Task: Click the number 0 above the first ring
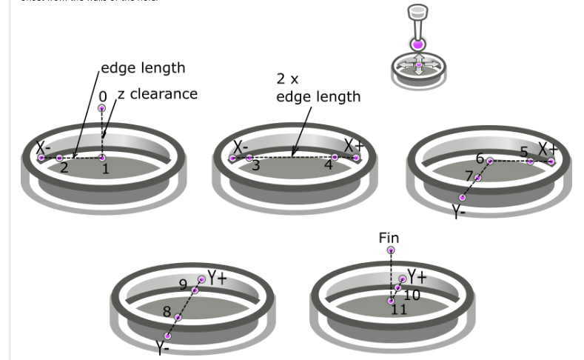point(103,96)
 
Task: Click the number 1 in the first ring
point(105,170)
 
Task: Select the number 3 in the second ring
point(255,166)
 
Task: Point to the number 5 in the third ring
point(524,152)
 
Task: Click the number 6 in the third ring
point(480,159)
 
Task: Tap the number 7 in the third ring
point(468,176)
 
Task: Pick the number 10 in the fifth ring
point(412,296)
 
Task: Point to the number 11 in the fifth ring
point(399,310)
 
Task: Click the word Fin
point(389,238)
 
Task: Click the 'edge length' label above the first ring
point(143,68)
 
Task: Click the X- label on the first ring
point(42,146)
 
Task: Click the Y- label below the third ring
point(460,211)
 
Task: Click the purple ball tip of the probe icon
point(419,44)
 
